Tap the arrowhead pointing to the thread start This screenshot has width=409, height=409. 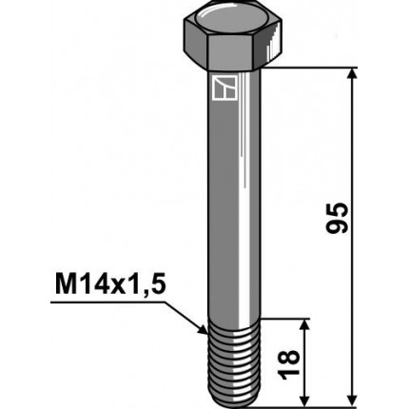(x=202, y=330)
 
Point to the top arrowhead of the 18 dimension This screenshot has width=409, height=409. (x=305, y=324)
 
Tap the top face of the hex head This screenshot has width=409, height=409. (x=234, y=16)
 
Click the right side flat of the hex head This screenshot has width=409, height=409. (x=277, y=40)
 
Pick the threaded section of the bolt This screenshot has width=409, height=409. (x=234, y=361)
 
